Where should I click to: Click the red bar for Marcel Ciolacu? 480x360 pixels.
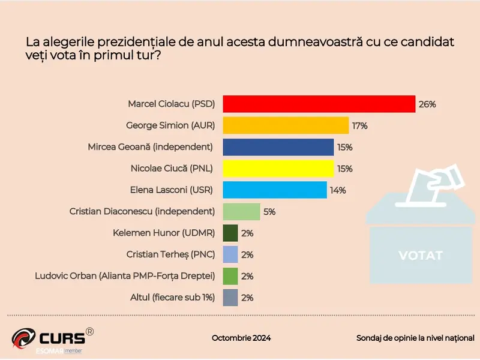click(x=319, y=104)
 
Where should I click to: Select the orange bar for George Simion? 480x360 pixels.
click(x=286, y=125)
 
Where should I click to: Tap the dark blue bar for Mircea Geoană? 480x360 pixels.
click(x=278, y=147)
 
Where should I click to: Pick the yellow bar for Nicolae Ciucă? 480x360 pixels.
click(x=278, y=169)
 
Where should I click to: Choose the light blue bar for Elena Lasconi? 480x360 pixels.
click(x=274, y=190)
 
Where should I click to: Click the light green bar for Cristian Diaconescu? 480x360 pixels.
click(x=241, y=211)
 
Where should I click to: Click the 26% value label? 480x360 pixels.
click(x=427, y=104)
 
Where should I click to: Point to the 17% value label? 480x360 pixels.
click(x=360, y=126)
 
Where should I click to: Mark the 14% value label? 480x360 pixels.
click(x=337, y=191)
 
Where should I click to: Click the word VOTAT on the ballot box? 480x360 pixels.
click(x=421, y=256)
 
